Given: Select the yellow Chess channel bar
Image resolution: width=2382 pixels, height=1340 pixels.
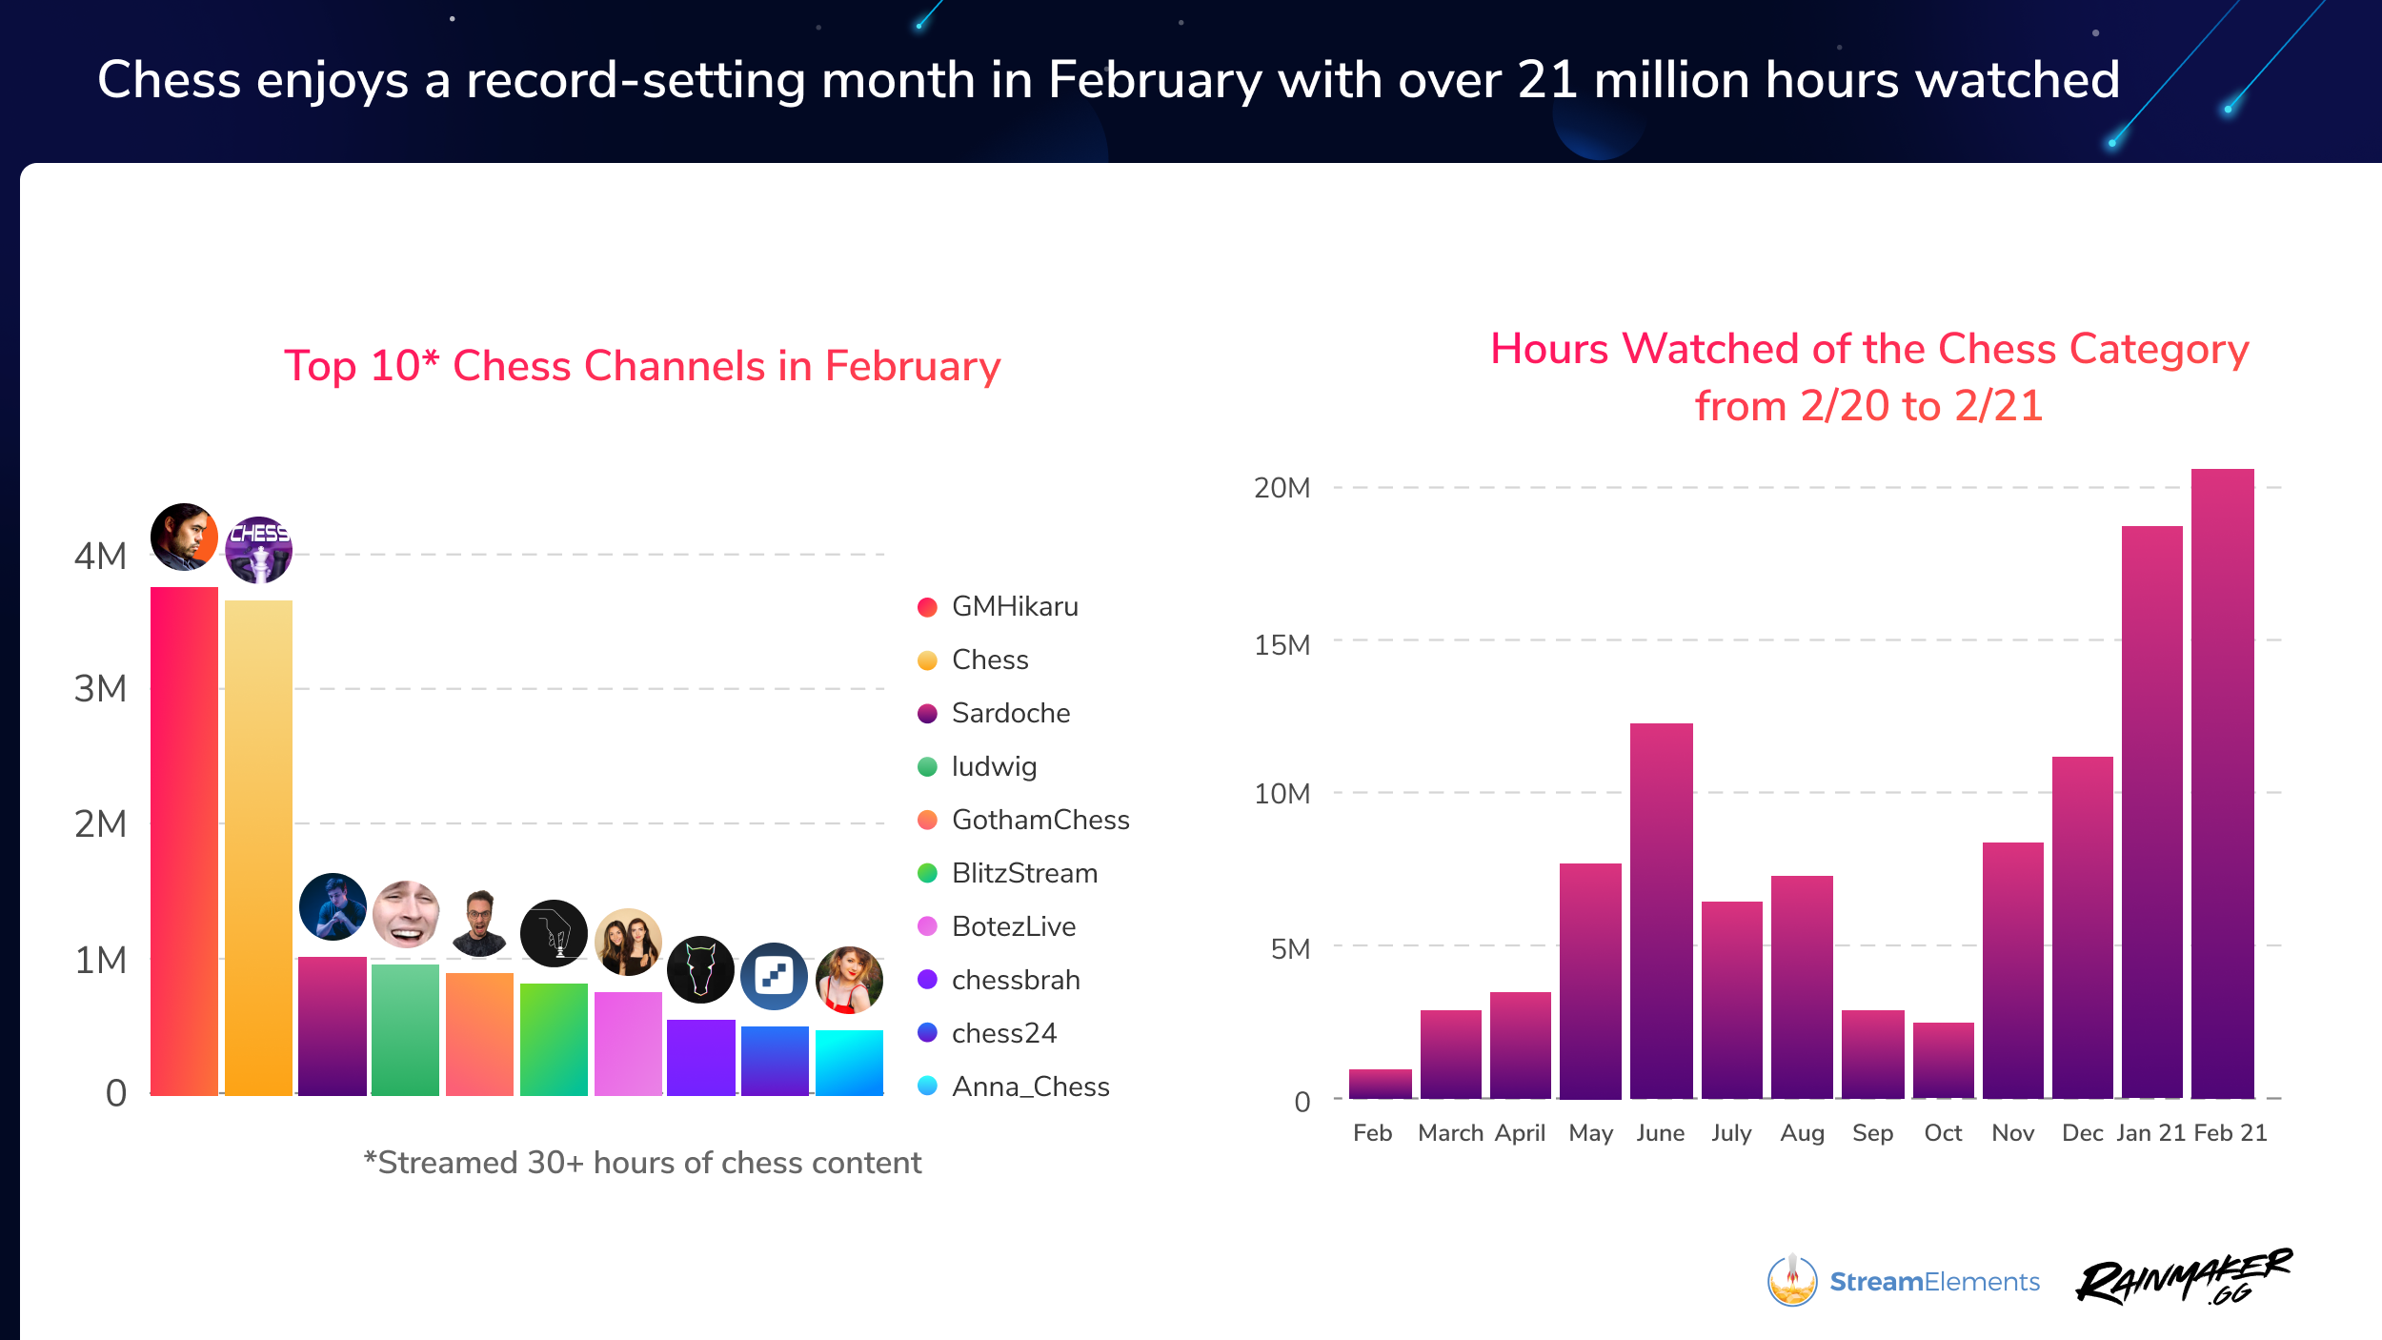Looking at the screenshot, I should click(258, 847).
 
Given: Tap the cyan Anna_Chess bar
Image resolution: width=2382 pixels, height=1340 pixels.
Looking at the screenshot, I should click(849, 1063).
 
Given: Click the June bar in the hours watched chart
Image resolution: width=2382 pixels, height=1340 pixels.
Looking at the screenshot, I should click(1661, 910).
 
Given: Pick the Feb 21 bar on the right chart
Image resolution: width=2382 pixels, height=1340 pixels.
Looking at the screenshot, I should click(2222, 782).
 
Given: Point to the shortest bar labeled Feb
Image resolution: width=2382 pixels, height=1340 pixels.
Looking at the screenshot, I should click(1380, 1084).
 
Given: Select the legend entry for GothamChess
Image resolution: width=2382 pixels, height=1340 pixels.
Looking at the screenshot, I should click(1040, 820).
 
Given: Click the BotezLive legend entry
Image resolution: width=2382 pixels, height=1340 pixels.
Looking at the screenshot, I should click(1013, 926).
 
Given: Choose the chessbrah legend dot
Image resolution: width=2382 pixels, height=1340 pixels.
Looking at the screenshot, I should click(927, 980).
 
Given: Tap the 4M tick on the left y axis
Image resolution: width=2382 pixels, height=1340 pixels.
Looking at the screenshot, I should click(100, 556).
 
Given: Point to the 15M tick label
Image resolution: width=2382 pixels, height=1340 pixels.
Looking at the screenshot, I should click(1282, 645).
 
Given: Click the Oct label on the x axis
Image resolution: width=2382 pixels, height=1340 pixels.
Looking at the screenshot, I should click(1943, 1132).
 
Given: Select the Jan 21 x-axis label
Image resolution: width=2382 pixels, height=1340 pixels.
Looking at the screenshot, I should click(2150, 1132).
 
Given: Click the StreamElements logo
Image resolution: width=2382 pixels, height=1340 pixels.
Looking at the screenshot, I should click(1903, 1281).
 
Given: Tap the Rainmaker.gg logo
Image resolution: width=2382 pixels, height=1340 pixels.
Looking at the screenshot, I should click(2184, 1277).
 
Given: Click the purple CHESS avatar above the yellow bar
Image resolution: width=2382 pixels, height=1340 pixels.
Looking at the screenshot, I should click(258, 550).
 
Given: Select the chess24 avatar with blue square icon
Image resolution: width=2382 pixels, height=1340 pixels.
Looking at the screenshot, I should click(774, 976).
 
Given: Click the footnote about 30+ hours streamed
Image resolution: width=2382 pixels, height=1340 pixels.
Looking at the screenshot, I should click(642, 1163).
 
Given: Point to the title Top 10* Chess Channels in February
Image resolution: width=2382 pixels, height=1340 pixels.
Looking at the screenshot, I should click(642, 366).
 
